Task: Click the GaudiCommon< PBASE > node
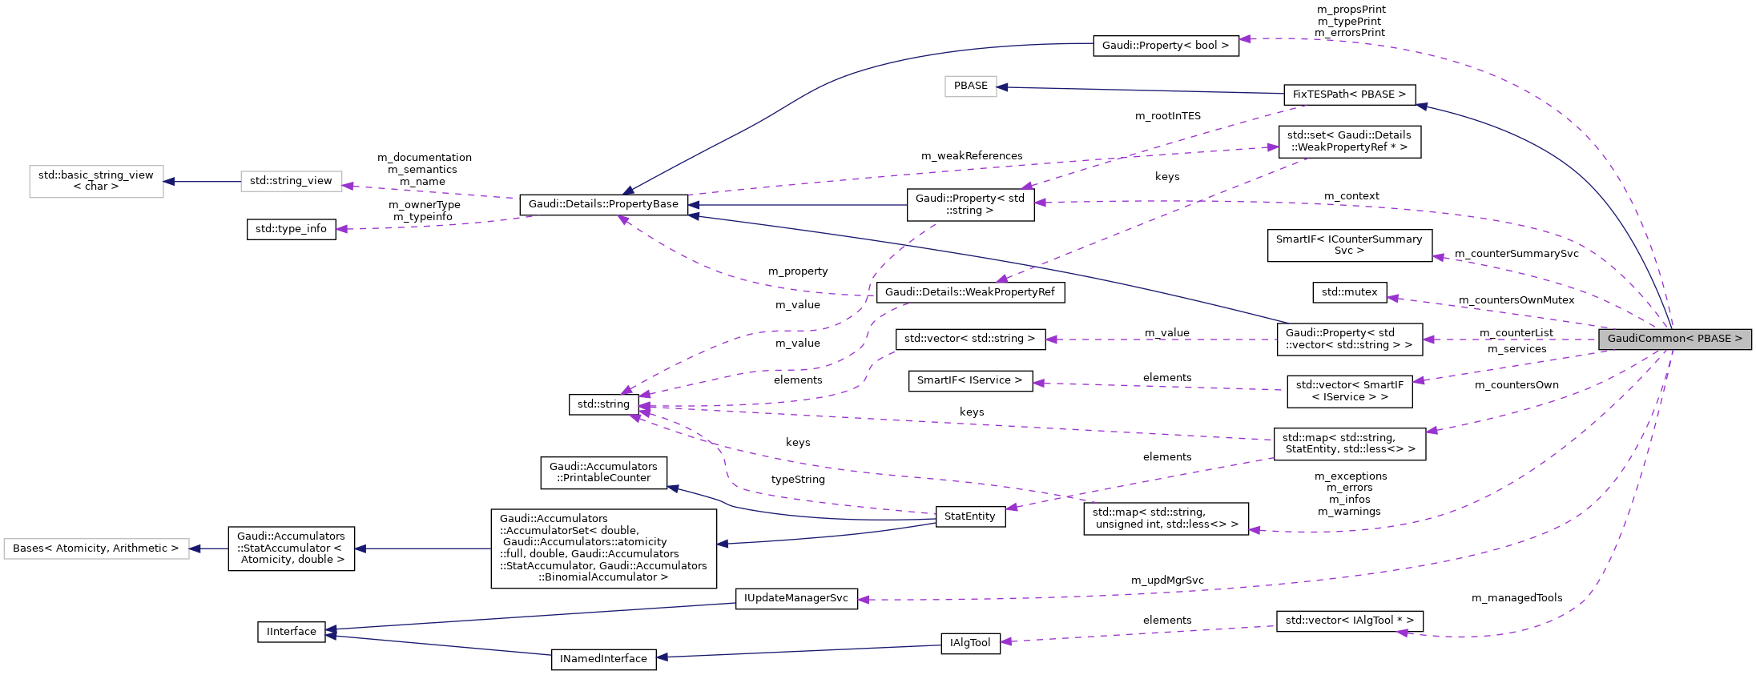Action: pyautogui.click(x=1674, y=339)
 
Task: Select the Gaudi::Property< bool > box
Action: pyautogui.click(x=1166, y=46)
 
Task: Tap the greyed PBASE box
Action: pyautogui.click(x=970, y=86)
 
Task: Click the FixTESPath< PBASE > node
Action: pyautogui.click(x=1349, y=94)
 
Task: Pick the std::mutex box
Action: pyautogui.click(x=1349, y=292)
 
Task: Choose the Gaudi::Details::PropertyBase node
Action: pyautogui.click(x=603, y=204)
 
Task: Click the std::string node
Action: pyautogui.click(x=603, y=404)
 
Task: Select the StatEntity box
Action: pyautogui.click(x=969, y=516)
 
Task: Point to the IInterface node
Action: pyautogui.click(x=292, y=632)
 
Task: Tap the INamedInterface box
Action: pyautogui.click(x=603, y=659)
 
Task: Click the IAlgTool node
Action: pyautogui.click(x=969, y=643)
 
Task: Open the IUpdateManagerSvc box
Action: pyautogui.click(x=795, y=598)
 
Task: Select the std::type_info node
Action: pyautogui.click(x=291, y=229)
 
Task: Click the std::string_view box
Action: pyautogui.click(x=291, y=181)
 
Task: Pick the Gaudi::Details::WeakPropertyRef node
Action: pyautogui.click(x=969, y=292)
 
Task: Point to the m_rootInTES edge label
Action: pyautogui.click(x=1167, y=116)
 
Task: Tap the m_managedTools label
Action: pyautogui.click(x=1516, y=598)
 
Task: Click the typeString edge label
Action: pyautogui.click(x=797, y=480)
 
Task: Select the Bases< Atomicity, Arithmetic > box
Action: pyautogui.click(x=96, y=548)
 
